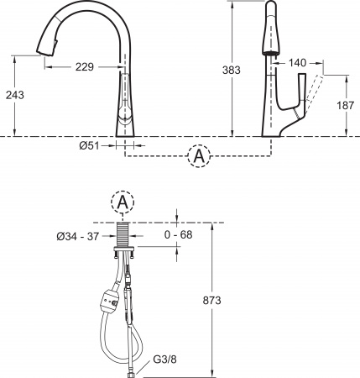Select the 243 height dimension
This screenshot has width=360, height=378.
point(14,95)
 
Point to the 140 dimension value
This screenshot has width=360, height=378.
point(297,62)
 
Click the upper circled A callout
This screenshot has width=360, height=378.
point(198,156)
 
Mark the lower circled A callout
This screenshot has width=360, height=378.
point(123,203)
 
